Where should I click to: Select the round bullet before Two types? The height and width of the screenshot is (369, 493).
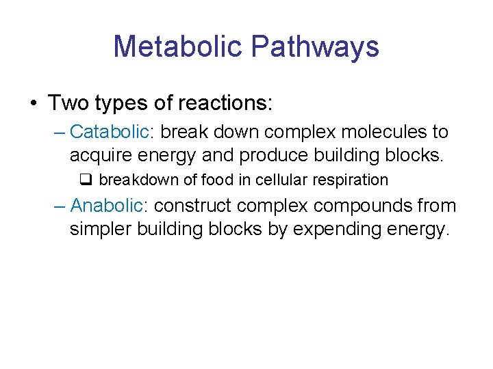tap(33, 103)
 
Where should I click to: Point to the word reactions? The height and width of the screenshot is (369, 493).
tap(224, 103)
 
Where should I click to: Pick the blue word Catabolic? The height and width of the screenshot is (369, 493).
tap(110, 131)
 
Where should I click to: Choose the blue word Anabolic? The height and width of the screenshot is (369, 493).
tap(110, 205)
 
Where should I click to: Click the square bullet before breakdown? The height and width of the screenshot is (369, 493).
tap(86, 180)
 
